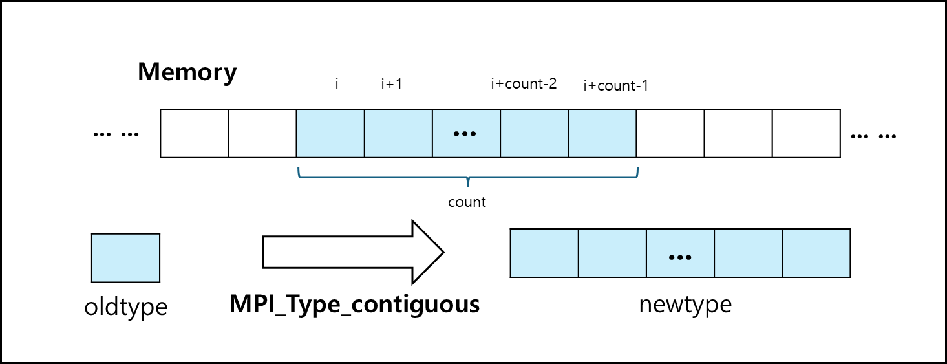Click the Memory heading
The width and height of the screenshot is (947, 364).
coord(187,72)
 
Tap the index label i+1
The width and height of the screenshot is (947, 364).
coord(392,84)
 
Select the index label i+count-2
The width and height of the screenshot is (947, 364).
coord(524,83)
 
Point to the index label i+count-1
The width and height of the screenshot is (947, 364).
coord(615,85)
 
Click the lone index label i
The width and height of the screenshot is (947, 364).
coord(337,83)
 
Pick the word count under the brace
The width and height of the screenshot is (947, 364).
coord(467,202)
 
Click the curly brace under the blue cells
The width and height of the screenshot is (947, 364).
coord(467,177)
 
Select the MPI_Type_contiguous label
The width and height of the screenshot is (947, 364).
coord(354,305)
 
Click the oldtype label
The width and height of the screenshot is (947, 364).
coord(126,307)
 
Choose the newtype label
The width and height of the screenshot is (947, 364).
coord(685,305)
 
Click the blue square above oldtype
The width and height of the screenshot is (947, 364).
coord(125,258)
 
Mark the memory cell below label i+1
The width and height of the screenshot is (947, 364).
coord(398,134)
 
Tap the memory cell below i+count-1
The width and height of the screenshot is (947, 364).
coord(602,134)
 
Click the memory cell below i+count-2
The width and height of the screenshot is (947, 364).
coord(535,134)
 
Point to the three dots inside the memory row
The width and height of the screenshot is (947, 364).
coord(465,134)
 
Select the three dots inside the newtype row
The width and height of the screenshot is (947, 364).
coord(680,257)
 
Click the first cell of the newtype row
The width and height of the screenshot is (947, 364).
coord(544,253)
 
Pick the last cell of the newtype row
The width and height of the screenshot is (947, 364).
coord(816,253)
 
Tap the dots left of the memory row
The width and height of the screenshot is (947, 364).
coord(116,135)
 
